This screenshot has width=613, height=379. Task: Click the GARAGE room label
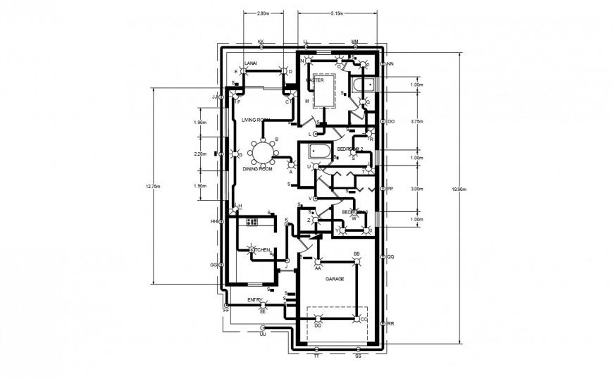click(x=334, y=280)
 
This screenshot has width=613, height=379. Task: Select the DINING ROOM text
click(x=257, y=170)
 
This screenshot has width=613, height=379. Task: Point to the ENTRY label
click(x=255, y=301)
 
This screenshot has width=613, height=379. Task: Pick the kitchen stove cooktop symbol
click(x=252, y=222)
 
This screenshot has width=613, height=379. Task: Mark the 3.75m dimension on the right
click(x=416, y=120)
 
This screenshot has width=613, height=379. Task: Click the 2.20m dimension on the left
click(x=200, y=154)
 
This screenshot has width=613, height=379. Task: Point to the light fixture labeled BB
click(x=357, y=262)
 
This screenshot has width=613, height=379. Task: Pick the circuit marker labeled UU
click(x=263, y=328)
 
